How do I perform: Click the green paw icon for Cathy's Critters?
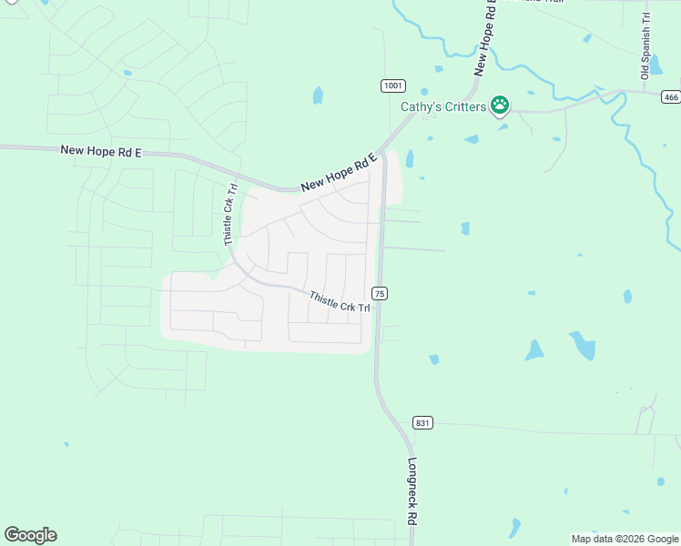coord(500,106)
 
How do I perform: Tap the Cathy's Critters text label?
coord(444,106)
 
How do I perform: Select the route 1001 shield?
coord(392,86)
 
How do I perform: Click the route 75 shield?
coord(380,292)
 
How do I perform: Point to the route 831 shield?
coord(422,423)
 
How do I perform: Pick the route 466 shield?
coord(671,97)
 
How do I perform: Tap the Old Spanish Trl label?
coord(645,46)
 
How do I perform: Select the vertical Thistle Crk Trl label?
coord(231,215)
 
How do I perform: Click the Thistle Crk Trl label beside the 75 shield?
coord(339,302)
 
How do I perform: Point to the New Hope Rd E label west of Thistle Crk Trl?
coord(102,150)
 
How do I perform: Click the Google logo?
coord(30,535)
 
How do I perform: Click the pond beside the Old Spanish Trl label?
coord(656,65)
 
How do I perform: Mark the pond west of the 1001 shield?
coord(318,95)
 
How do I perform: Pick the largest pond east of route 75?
coord(582,345)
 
